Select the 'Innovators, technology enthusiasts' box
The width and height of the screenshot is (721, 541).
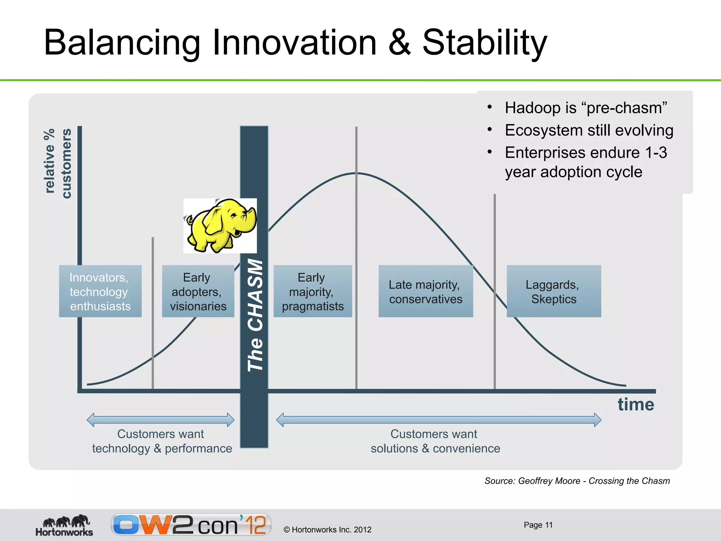[x=100, y=291]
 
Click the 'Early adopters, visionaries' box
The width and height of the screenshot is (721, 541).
[x=198, y=291]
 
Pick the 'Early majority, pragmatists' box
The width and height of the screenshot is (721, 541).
[x=313, y=291]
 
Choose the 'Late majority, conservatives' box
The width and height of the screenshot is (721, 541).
[x=425, y=291]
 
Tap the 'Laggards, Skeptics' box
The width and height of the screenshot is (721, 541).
[x=553, y=291]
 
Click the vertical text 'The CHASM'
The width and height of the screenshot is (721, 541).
[x=255, y=315]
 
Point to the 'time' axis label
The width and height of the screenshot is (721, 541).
[x=635, y=404]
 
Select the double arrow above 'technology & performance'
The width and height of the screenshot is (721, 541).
[x=161, y=419]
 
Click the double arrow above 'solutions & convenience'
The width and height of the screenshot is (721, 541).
[x=439, y=419]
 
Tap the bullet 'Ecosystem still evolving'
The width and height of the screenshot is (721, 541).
[x=589, y=130]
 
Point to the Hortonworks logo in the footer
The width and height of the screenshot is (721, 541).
[x=64, y=525]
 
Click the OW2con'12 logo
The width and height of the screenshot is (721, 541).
[x=191, y=524]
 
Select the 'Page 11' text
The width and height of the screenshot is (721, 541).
[x=538, y=525]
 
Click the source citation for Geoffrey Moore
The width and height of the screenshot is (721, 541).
[x=577, y=481]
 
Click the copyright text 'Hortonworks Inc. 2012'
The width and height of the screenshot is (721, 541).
[x=331, y=529]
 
